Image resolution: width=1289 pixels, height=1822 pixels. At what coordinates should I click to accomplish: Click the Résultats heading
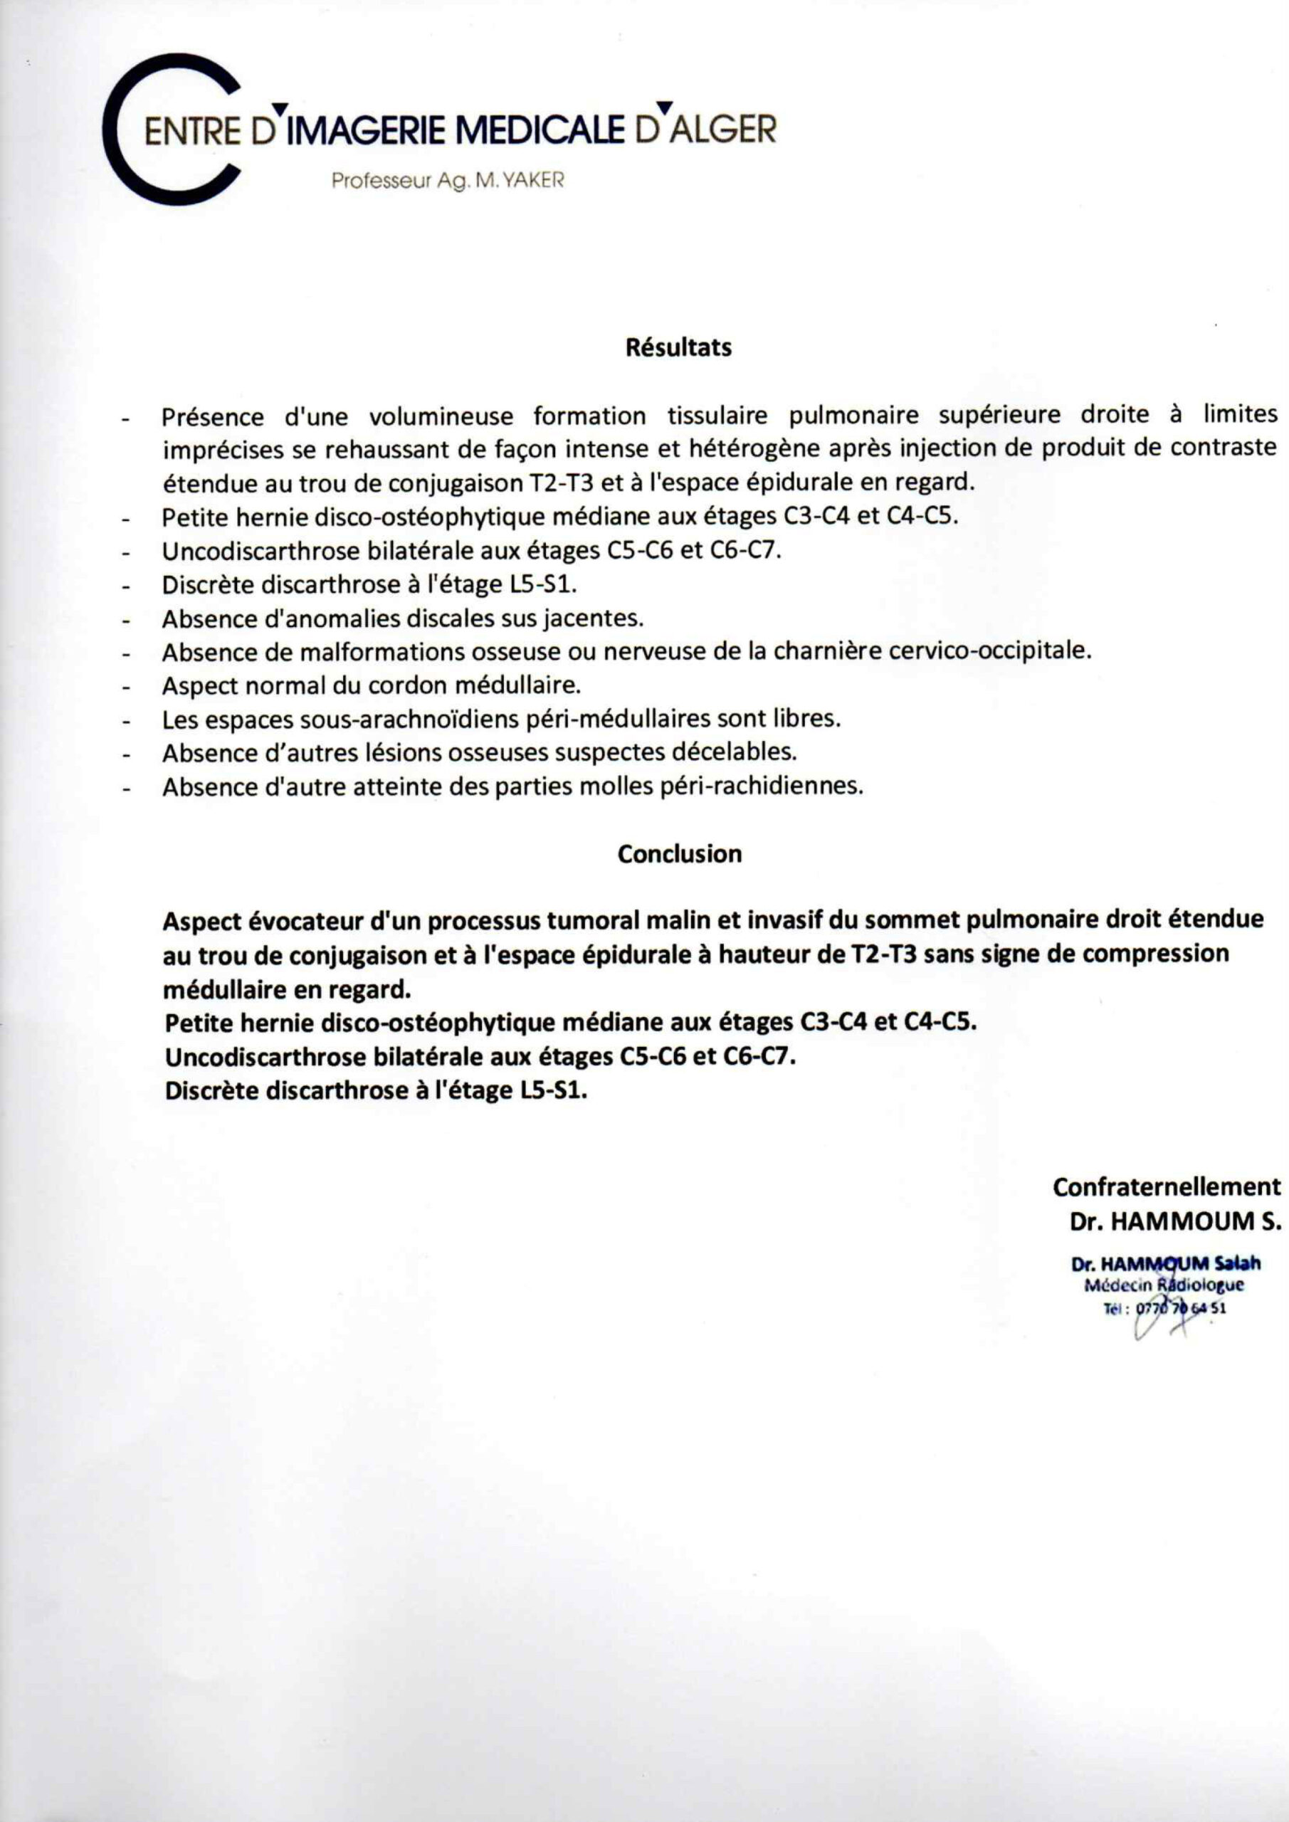[x=678, y=347]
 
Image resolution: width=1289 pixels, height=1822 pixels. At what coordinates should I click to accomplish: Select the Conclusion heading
[x=680, y=854]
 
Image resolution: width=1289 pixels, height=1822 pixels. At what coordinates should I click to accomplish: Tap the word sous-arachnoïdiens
[x=411, y=719]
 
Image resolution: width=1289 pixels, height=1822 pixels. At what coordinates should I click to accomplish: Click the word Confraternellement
[x=1167, y=1187]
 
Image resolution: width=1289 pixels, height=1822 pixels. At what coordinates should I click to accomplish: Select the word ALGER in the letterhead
[x=723, y=130]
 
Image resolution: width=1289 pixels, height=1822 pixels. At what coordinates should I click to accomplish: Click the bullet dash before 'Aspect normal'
[x=125, y=688]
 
